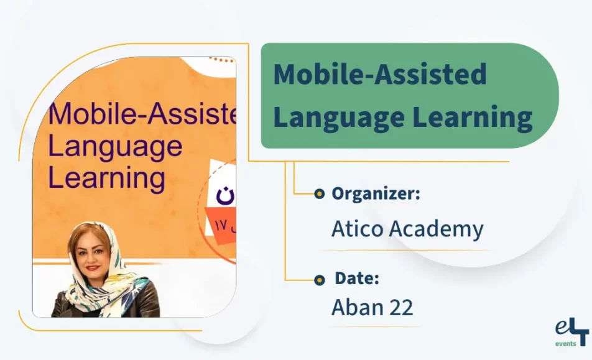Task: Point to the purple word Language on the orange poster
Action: pyautogui.click(x=115, y=147)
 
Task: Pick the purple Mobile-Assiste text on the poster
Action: pyautogui.click(x=142, y=115)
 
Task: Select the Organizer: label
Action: pyautogui.click(x=376, y=193)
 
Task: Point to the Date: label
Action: pyautogui.click(x=357, y=279)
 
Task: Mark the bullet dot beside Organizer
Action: pyautogui.click(x=320, y=194)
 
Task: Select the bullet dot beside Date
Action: pyautogui.click(x=320, y=280)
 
